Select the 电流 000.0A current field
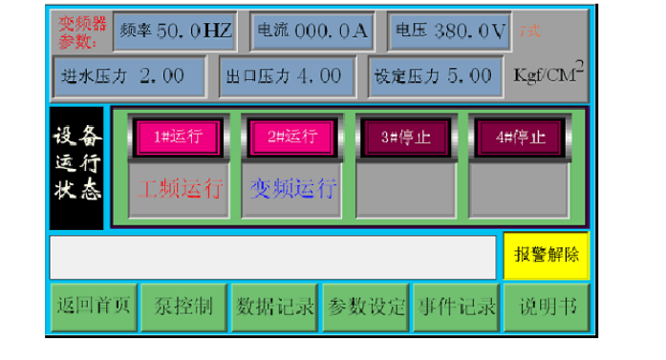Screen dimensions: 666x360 pyautogui.click(x=312, y=31)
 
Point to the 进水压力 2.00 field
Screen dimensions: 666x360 pyautogui.click(x=128, y=74)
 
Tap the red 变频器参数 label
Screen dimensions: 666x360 pyautogui.click(x=79, y=32)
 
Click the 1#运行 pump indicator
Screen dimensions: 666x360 pyautogui.click(x=179, y=137)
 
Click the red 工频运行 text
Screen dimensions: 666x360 pyautogui.click(x=179, y=188)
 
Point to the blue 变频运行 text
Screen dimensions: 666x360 pyautogui.click(x=292, y=188)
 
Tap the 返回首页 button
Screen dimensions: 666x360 pyautogui.click(x=92, y=307)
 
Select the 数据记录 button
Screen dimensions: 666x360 pyautogui.click(x=275, y=307)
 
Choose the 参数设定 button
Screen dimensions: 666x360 pyautogui.click(x=367, y=307)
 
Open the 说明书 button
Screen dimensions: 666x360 pyautogui.click(x=548, y=307)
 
